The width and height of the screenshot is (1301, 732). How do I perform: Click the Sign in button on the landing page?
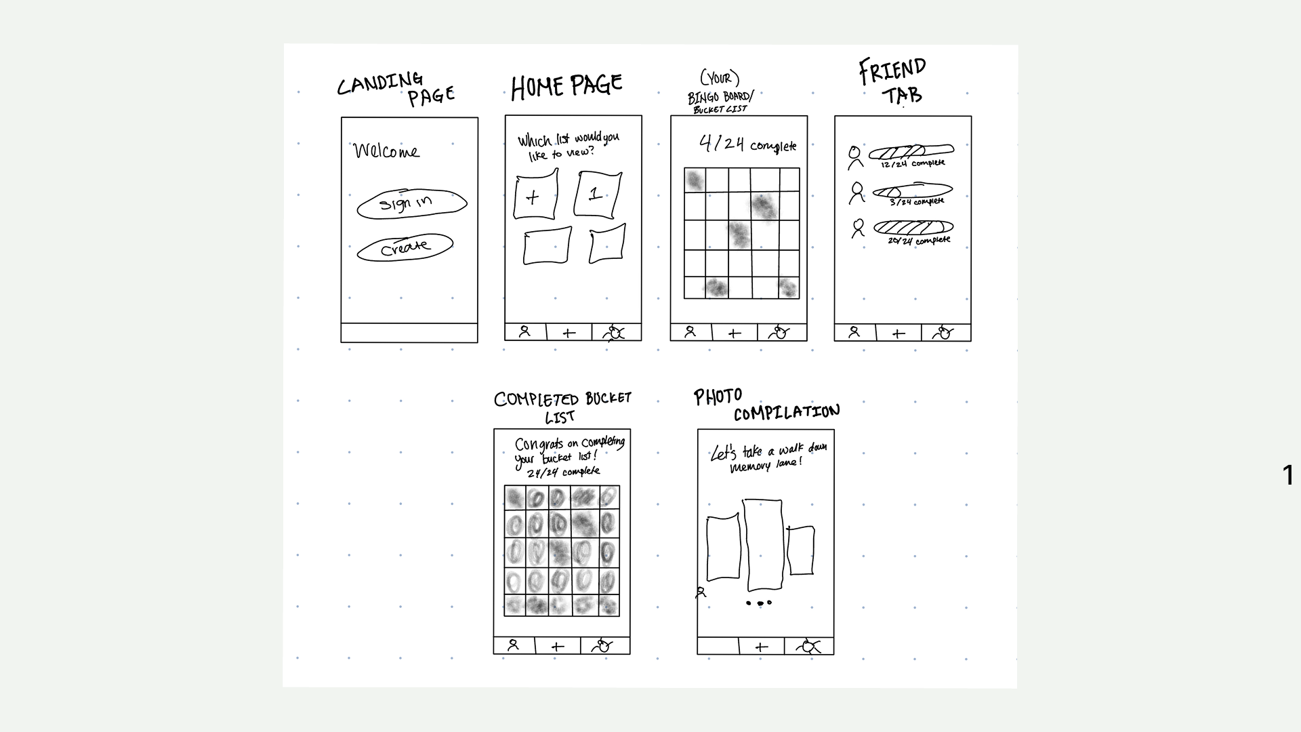[x=411, y=204]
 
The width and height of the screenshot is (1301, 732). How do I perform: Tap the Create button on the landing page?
[x=405, y=248]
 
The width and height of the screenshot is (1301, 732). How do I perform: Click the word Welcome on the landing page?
[x=386, y=150]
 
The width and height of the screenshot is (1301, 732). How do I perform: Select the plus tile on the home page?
[x=535, y=196]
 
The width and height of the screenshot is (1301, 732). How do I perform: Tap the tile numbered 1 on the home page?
[x=597, y=195]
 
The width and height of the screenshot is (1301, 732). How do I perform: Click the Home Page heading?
[x=566, y=87]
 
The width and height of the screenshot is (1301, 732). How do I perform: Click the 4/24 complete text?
[x=747, y=144]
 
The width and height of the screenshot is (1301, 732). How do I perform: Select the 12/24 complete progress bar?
[x=911, y=151]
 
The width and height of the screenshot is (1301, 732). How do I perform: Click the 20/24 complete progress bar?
[x=913, y=227]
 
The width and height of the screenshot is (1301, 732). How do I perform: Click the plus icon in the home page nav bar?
[x=569, y=333]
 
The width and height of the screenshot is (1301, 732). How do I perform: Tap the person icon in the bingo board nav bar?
[x=690, y=332]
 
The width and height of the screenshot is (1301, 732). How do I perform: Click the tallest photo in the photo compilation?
[x=764, y=545]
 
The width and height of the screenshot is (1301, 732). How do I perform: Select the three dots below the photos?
[x=759, y=603]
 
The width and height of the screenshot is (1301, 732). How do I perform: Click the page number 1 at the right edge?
[x=1288, y=475]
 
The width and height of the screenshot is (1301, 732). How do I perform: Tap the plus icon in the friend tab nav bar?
[x=899, y=333]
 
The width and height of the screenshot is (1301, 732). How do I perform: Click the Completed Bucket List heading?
[x=562, y=407]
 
